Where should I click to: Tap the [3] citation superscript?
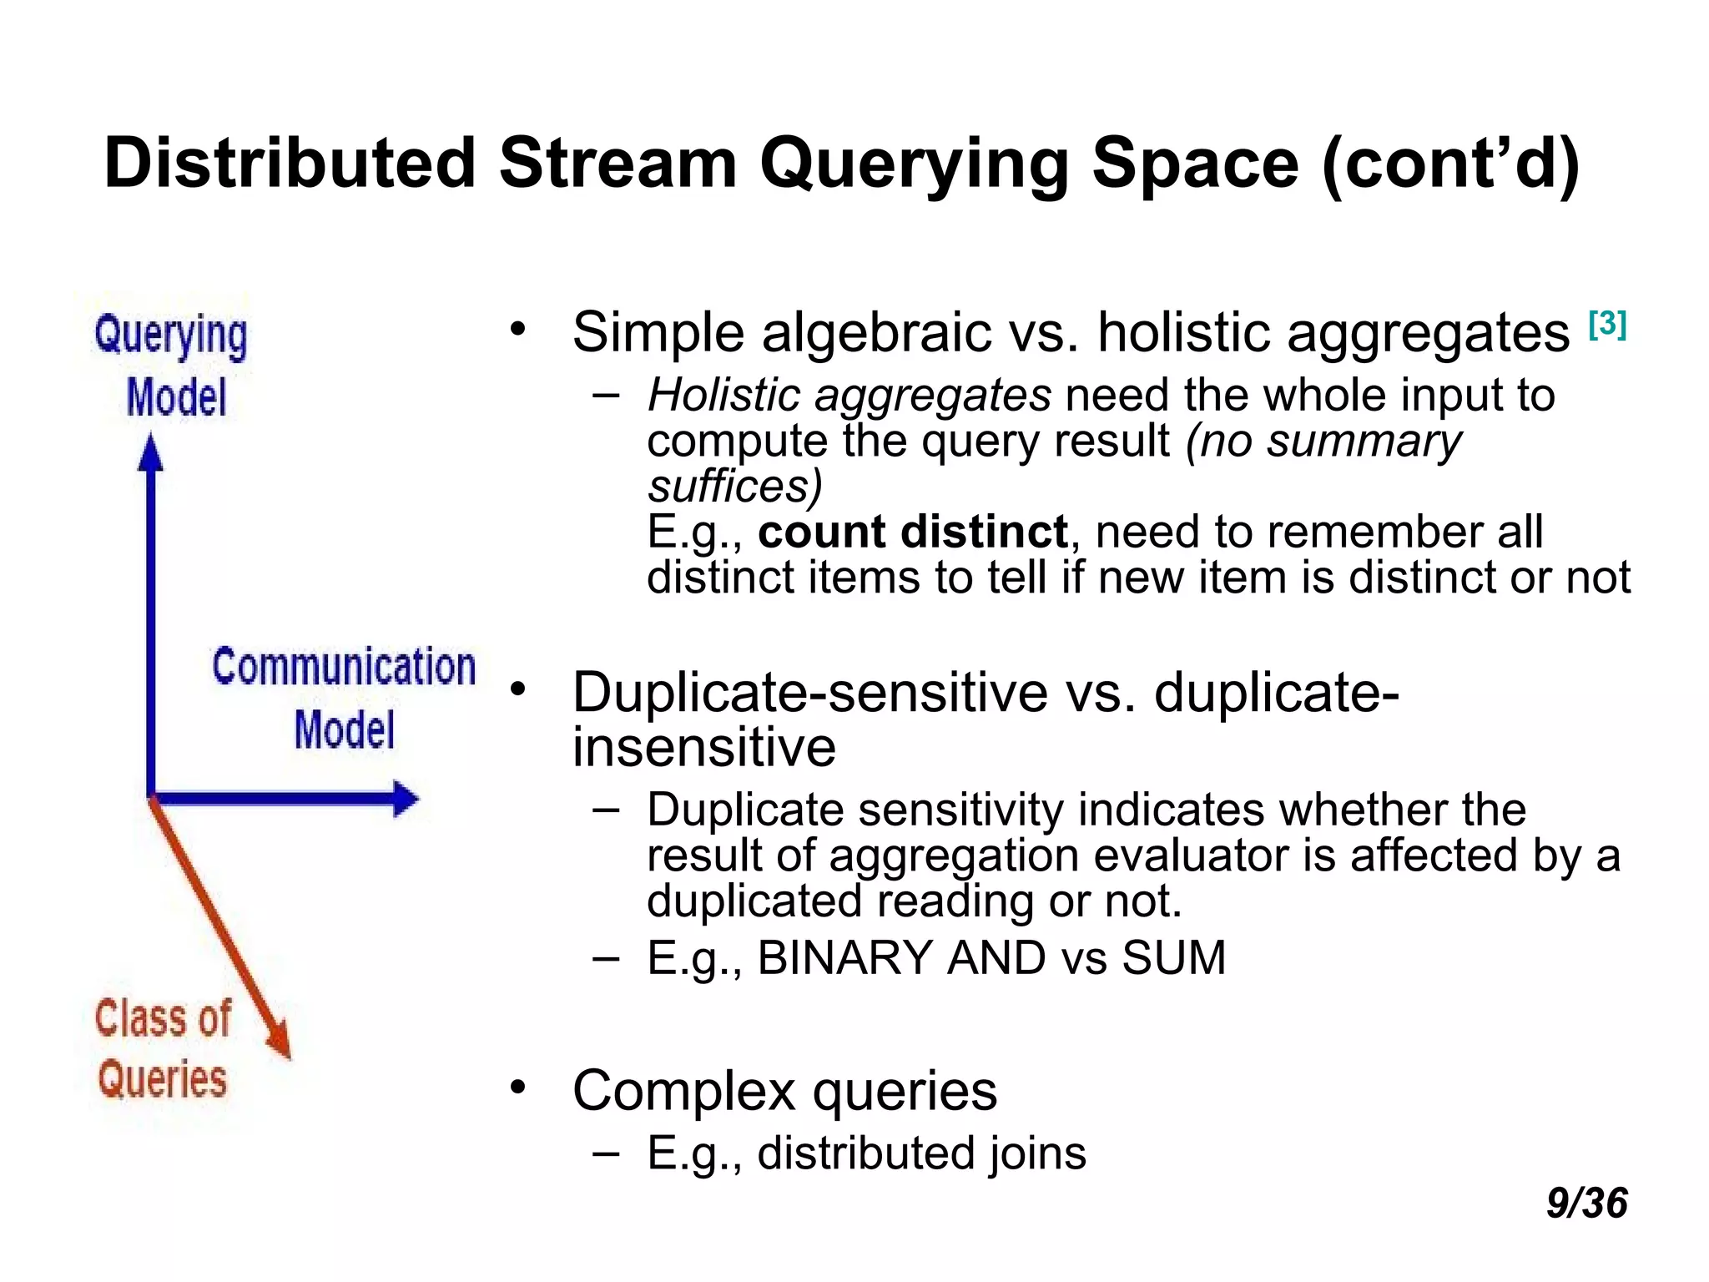pos(1607,324)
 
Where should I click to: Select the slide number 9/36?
pos(1586,1203)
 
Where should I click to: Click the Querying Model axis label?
pos(172,366)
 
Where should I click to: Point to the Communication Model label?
pos(343,698)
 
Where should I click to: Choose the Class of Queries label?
pos(163,1048)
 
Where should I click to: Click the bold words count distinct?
pos(913,532)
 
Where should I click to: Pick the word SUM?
pos(1173,957)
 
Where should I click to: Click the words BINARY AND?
pos(901,957)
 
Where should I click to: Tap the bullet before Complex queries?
pos(519,1087)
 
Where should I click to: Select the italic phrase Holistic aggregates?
pos(849,396)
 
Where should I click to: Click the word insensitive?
pos(703,747)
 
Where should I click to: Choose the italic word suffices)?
pos(734,487)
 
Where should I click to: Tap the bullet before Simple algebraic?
pos(519,329)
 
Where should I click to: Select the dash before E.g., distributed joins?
pos(606,1153)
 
